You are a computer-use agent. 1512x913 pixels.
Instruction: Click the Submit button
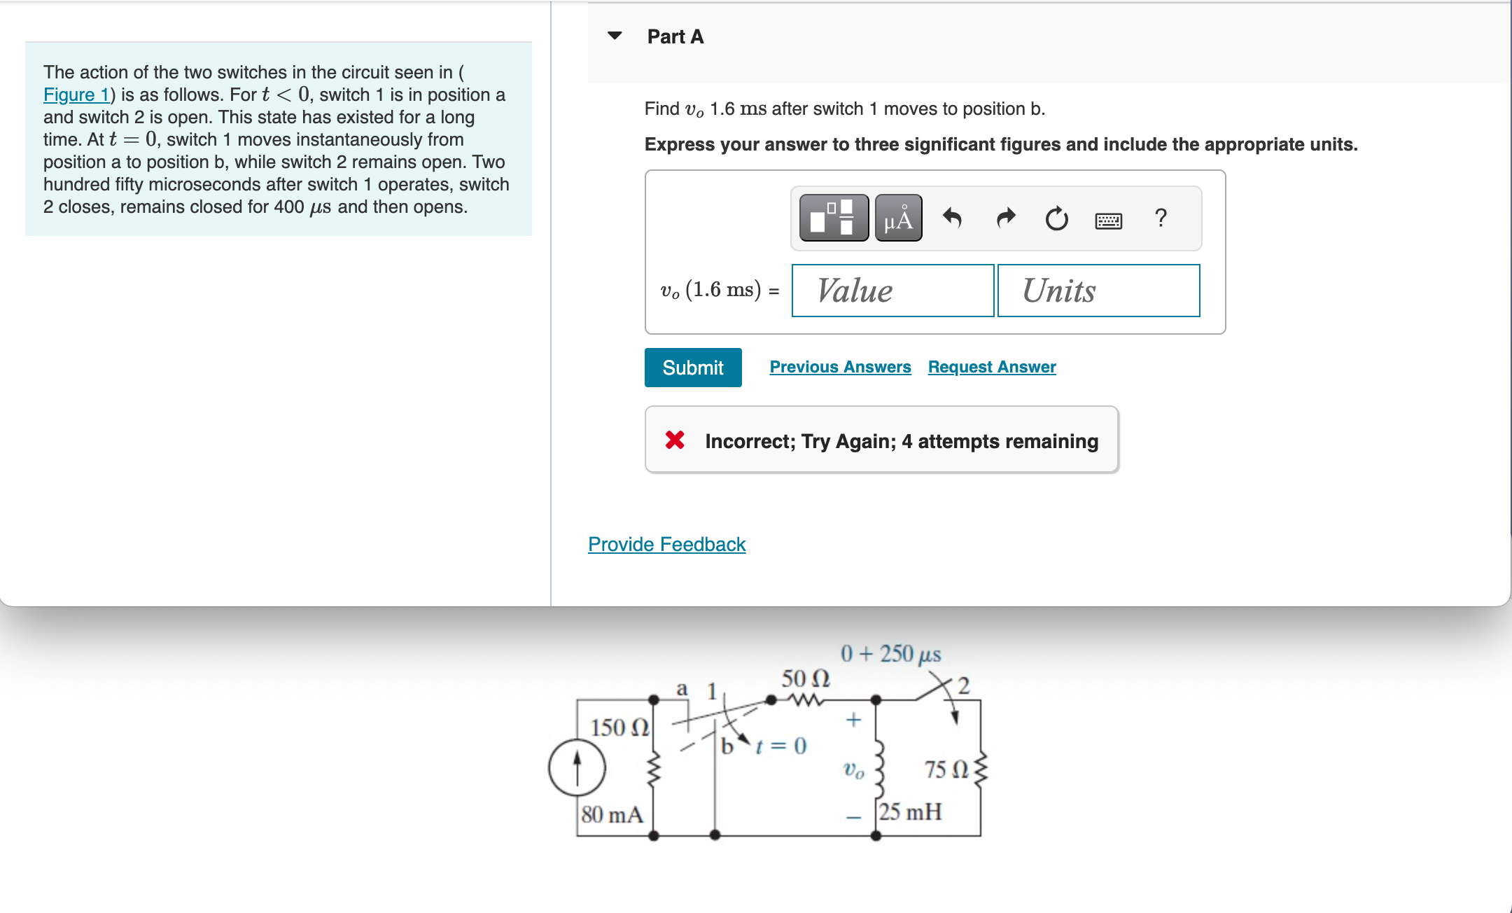(692, 368)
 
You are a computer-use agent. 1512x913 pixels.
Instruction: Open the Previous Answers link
(840, 367)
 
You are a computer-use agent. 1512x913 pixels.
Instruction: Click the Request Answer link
(991, 367)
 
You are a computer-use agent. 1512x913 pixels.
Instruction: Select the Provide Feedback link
(666, 544)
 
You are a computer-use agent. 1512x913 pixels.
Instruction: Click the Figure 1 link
(76, 95)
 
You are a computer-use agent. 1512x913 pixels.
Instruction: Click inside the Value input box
(892, 291)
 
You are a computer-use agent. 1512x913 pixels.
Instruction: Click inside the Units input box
(1098, 291)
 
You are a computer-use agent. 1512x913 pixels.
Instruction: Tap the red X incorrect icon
(675, 440)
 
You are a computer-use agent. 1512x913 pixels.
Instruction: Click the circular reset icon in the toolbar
(1056, 219)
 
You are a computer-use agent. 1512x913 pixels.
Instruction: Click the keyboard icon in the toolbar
(1108, 221)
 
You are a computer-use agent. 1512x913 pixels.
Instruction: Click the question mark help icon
(1161, 218)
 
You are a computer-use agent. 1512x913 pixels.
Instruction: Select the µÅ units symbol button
(898, 218)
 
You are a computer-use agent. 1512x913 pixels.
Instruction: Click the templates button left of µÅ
(834, 218)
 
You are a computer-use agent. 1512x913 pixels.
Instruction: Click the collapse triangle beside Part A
(615, 36)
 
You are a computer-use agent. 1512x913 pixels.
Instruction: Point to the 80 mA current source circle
(577, 767)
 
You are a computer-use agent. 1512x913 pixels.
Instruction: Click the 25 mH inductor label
(910, 812)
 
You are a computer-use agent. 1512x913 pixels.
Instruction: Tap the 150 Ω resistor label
(619, 727)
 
